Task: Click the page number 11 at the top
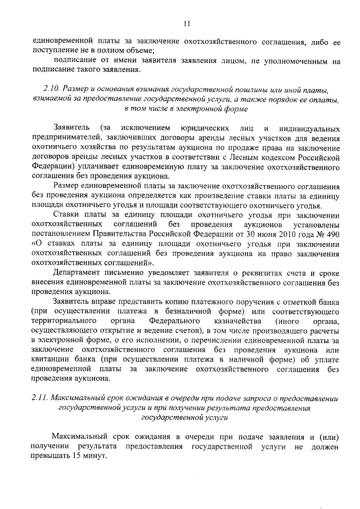pos(187,23)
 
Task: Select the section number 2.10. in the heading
pos(52,89)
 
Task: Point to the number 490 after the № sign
pos(334,235)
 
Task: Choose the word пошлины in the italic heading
pos(244,89)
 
